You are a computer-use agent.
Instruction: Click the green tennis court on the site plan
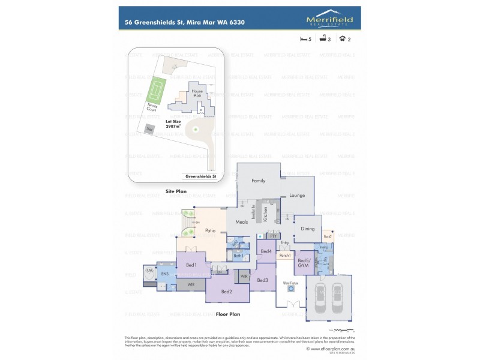click(157, 90)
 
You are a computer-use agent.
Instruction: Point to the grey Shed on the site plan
click(149, 128)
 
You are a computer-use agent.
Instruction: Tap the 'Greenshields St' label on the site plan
click(201, 177)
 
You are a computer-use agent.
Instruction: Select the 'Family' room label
click(258, 181)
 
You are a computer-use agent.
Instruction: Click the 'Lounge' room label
click(297, 195)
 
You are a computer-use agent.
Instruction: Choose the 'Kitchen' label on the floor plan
click(265, 215)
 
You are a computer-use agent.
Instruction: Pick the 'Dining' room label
click(307, 229)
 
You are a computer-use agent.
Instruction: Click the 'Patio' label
click(210, 230)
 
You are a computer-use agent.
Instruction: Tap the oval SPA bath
click(149, 272)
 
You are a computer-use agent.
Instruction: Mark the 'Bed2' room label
click(226, 291)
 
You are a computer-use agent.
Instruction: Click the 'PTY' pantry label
click(272, 236)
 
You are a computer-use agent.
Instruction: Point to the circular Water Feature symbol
click(292, 289)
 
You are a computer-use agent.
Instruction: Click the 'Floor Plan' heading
click(228, 314)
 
